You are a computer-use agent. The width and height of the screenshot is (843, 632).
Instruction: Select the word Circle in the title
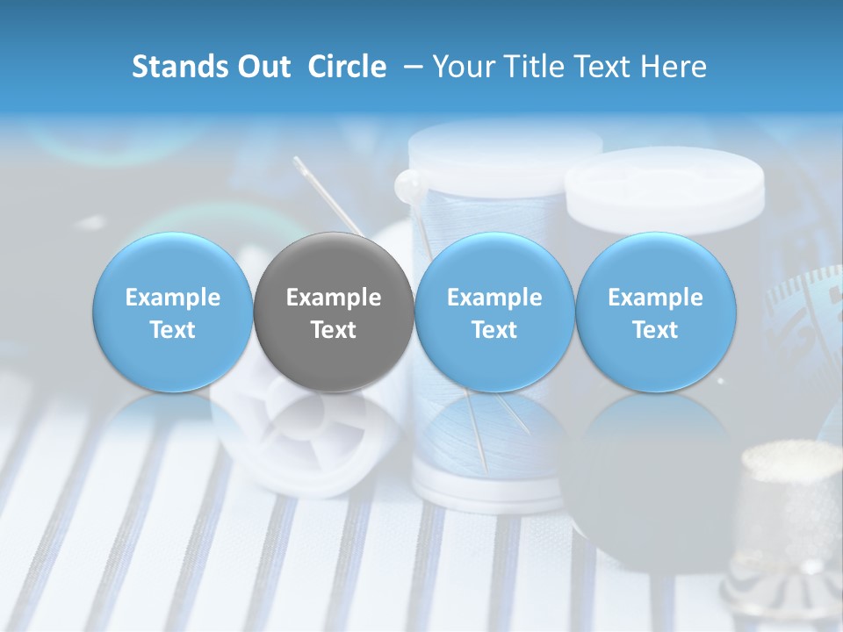pyautogui.click(x=347, y=67)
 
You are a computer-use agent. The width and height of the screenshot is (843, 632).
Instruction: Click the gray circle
pyautogui.click(x=334, y=312)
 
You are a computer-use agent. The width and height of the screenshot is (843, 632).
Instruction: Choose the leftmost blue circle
pyautogui.click(x=172, y=312)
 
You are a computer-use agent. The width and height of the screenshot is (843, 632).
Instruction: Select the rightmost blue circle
pyautogui.click(x=655, y=312)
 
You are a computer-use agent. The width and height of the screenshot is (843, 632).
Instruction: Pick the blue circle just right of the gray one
pyautogui.click(x=494, y=312)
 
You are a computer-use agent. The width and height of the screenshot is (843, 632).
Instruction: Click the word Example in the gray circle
pyautogui.click(x=334, y=298)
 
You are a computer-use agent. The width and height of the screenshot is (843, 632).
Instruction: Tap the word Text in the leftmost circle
pyautogui.click(x=172, y=330)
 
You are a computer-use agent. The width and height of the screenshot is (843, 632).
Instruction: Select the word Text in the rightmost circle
pyautogui.click(x=655, y=330)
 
